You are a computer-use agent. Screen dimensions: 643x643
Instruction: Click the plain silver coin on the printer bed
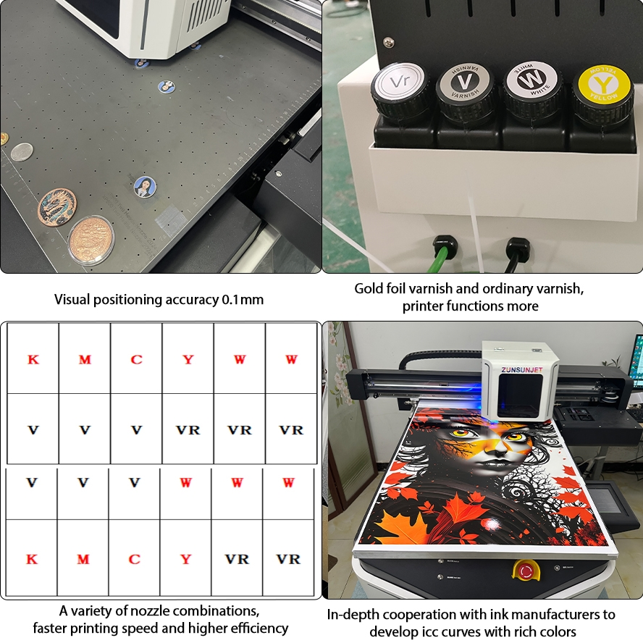(22, 151)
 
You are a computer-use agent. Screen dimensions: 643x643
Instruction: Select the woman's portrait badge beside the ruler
(143, 186)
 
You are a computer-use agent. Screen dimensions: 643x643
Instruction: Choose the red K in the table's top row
(33, 359)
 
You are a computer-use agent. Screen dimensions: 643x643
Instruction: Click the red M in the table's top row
(85, 359)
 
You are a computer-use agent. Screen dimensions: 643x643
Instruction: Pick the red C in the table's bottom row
(134, 559)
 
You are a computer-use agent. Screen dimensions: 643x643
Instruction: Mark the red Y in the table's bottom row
(186, 559)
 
